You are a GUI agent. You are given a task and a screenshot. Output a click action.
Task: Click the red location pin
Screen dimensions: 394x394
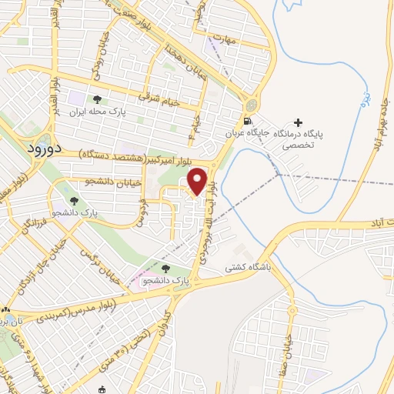199,181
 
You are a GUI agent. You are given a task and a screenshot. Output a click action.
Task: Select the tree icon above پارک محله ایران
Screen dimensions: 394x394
98,99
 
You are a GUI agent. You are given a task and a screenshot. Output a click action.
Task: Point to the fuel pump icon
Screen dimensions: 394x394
245,122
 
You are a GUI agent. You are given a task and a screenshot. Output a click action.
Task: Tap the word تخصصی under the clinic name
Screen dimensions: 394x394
297,145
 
